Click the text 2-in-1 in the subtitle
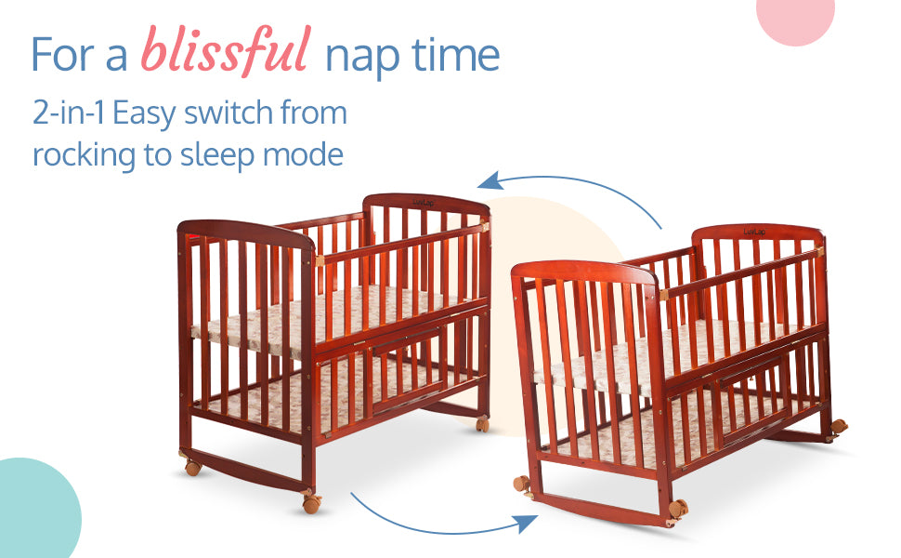(x=69, y=113)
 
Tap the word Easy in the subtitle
(x=144, y=113)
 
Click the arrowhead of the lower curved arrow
(x=526, y=523)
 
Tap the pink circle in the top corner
(x=795, y=18)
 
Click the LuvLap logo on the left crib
(x=424, y=203)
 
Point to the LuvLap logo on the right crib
(x=754, y=232)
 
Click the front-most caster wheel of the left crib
(x=311, y=504)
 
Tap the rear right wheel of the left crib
(x=482, y=424)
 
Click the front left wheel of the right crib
(x=522, y=484)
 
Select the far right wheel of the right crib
(x=839, y=428)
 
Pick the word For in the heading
(x=62, y=55)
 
